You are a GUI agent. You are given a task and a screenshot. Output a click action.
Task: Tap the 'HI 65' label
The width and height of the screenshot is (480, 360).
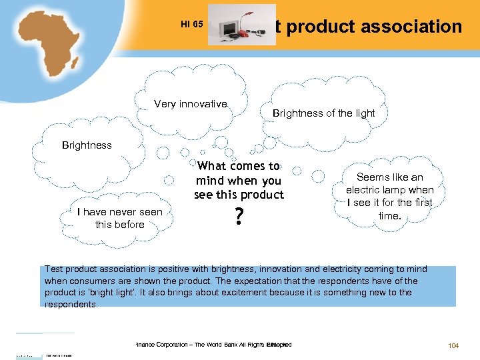192,25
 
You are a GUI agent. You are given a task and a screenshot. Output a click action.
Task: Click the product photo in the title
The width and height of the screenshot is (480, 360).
241,25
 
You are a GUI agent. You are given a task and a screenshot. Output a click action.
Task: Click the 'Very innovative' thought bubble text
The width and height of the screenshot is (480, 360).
191,104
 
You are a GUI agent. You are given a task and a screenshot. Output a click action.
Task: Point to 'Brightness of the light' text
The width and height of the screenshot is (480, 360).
323,113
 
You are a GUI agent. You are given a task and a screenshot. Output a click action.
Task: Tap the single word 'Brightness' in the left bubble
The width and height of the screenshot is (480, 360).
87,145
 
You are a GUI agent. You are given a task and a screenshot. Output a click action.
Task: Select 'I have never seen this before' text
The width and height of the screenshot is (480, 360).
120,218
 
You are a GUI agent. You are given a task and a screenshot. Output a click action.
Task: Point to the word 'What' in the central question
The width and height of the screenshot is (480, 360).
212,166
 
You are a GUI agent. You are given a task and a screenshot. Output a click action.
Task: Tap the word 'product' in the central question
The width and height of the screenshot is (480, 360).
264,195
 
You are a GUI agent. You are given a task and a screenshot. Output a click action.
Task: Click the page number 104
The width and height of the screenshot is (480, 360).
453,345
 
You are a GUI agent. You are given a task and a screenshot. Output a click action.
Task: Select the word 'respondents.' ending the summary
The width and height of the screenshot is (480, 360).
71,304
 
